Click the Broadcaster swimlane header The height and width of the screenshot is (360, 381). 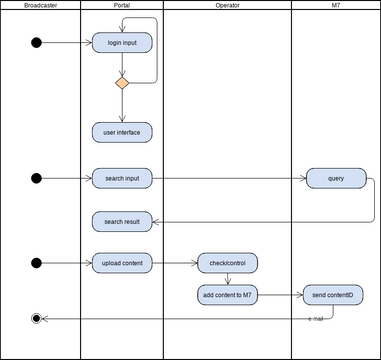(x=41, y=6)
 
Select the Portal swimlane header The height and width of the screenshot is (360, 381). (x=121, y=6)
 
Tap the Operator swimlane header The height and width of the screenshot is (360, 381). (x=227, y=6)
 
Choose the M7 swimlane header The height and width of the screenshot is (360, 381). (x=335, y=6)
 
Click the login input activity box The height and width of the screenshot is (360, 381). (x=121, y=42)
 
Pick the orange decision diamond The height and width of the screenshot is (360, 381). (x=121, y=84)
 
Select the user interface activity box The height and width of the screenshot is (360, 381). (x=121, y=131)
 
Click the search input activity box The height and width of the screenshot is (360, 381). (x=121, y=179)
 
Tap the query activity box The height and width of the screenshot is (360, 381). (x=335, y=179)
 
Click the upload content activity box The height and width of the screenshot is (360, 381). (x=121, y=263)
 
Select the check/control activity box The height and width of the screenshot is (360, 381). (x=227, y=263)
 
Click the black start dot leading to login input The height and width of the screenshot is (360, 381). (x=37, y=42)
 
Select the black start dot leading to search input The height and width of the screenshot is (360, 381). (x=37, y=179)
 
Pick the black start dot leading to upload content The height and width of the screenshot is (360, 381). (x=37, y=263)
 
